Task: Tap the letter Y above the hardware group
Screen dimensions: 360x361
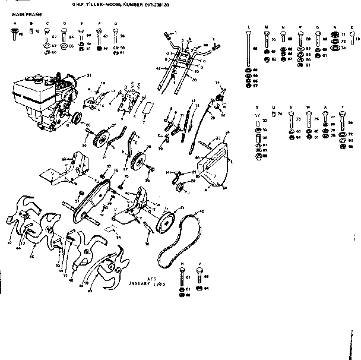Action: (343, 108)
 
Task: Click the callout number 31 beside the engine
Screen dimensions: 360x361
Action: (89, 75)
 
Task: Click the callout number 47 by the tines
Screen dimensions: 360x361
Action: (9, 243)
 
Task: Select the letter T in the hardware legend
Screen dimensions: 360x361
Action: (256, 108)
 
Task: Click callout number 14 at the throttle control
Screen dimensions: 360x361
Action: (217, 82)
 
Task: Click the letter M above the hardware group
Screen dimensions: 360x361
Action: (266, 28)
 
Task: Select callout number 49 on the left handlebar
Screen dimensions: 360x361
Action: (159, 68)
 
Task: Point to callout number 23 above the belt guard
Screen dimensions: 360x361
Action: (218, 138)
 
